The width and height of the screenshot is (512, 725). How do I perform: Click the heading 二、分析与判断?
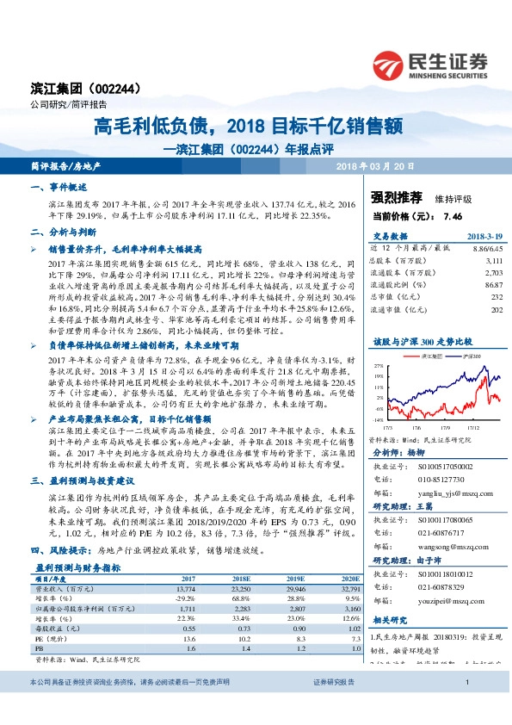click(x=63, y=232)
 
